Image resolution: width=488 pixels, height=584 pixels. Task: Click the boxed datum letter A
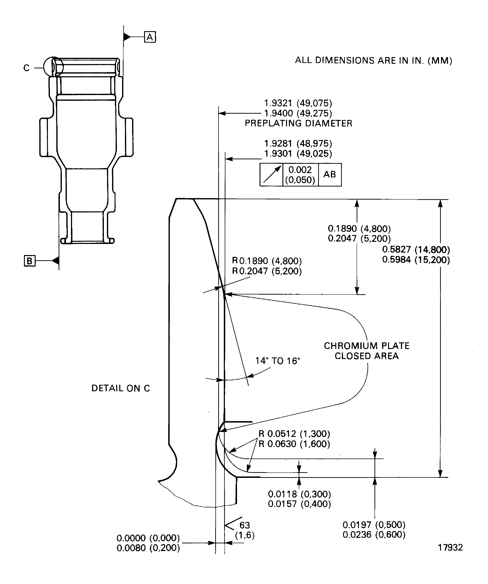point(150,37)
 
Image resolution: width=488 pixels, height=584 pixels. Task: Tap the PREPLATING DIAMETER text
point(298,123)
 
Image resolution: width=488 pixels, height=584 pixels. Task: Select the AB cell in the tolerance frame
point(330,174)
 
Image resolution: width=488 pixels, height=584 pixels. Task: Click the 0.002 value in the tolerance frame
point(300,170)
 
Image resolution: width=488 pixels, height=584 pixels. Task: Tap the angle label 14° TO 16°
point(277,361)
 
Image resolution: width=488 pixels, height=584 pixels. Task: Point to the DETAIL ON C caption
point(120,388)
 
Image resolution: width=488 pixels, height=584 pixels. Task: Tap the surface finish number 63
point(245,525)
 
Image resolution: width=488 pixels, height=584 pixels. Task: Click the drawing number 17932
point(450,547)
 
